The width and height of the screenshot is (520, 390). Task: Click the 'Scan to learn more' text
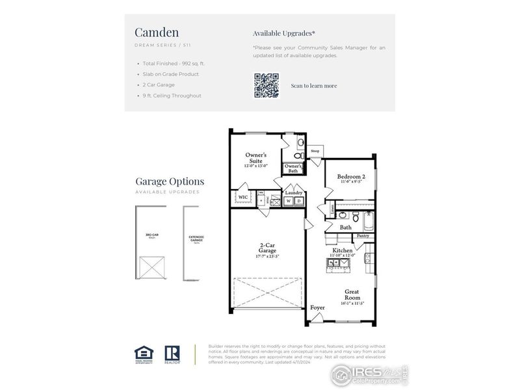point(314,86)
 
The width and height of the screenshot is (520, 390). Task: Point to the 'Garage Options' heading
point(170,182)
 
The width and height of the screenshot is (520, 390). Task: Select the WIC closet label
point(242,196)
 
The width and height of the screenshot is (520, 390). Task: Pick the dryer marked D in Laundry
point(299,201)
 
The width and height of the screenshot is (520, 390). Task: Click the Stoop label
point(315,151)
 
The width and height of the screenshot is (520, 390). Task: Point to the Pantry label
point(363,236)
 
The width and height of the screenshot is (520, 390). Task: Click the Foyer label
point(317,307)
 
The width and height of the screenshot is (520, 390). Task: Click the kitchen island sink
point(339,263)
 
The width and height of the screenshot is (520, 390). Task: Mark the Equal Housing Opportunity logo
point(143,353)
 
